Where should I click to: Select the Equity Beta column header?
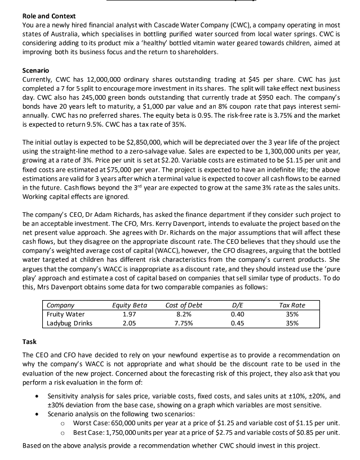pos(131,305)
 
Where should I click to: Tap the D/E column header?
pos(245,305)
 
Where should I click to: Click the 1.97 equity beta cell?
pos(131,314)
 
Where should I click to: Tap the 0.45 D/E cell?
pos(245,323)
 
